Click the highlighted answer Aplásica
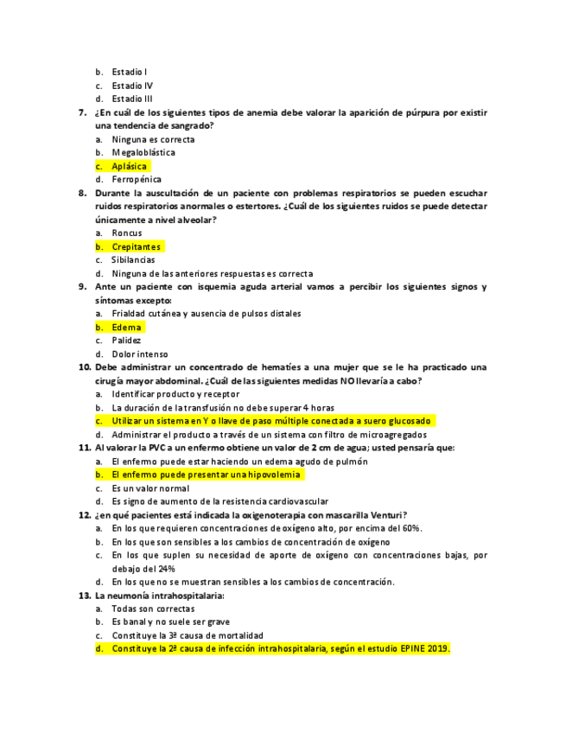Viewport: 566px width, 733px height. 130,166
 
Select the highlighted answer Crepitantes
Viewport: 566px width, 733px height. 136,246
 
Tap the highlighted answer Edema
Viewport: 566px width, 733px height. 127,328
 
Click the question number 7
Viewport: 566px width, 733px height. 82,112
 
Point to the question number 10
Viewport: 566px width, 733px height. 85,367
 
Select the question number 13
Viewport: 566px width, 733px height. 85,596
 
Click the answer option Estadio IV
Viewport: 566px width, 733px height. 132,86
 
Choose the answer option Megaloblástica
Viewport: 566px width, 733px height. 143,152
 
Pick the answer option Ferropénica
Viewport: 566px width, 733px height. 137,180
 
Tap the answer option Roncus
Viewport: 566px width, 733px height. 127,233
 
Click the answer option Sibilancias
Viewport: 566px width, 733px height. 133,259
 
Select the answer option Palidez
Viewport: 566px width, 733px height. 126,341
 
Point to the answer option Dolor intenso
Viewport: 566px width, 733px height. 140,354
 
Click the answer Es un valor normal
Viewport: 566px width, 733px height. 150,488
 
